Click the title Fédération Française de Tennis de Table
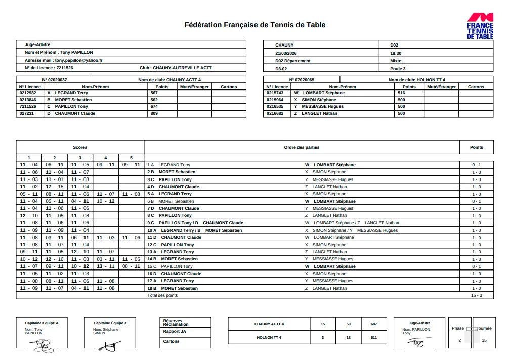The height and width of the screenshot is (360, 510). tap(255, 25)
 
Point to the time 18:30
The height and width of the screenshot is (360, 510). tap(396, 53)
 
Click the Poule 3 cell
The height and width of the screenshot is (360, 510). tap(398, 68)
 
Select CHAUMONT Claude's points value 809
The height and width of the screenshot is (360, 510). tap(154, 113)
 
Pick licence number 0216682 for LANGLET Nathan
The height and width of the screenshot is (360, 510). tap(275, 113)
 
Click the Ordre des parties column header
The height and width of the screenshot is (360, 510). tap(302, 147)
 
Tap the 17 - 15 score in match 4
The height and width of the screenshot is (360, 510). tap(55, 187)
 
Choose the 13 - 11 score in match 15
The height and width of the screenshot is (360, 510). tap(106, 266)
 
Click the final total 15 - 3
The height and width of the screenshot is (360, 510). tap(476, 295)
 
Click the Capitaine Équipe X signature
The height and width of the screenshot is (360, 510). tap(110, 346)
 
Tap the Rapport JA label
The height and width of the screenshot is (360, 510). tap(175, 332)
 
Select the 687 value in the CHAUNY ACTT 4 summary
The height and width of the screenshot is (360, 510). tap(374, 324)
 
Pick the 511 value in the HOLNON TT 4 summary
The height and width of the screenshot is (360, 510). tap(374, 337)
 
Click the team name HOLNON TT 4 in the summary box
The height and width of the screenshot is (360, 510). tap(269, 337)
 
